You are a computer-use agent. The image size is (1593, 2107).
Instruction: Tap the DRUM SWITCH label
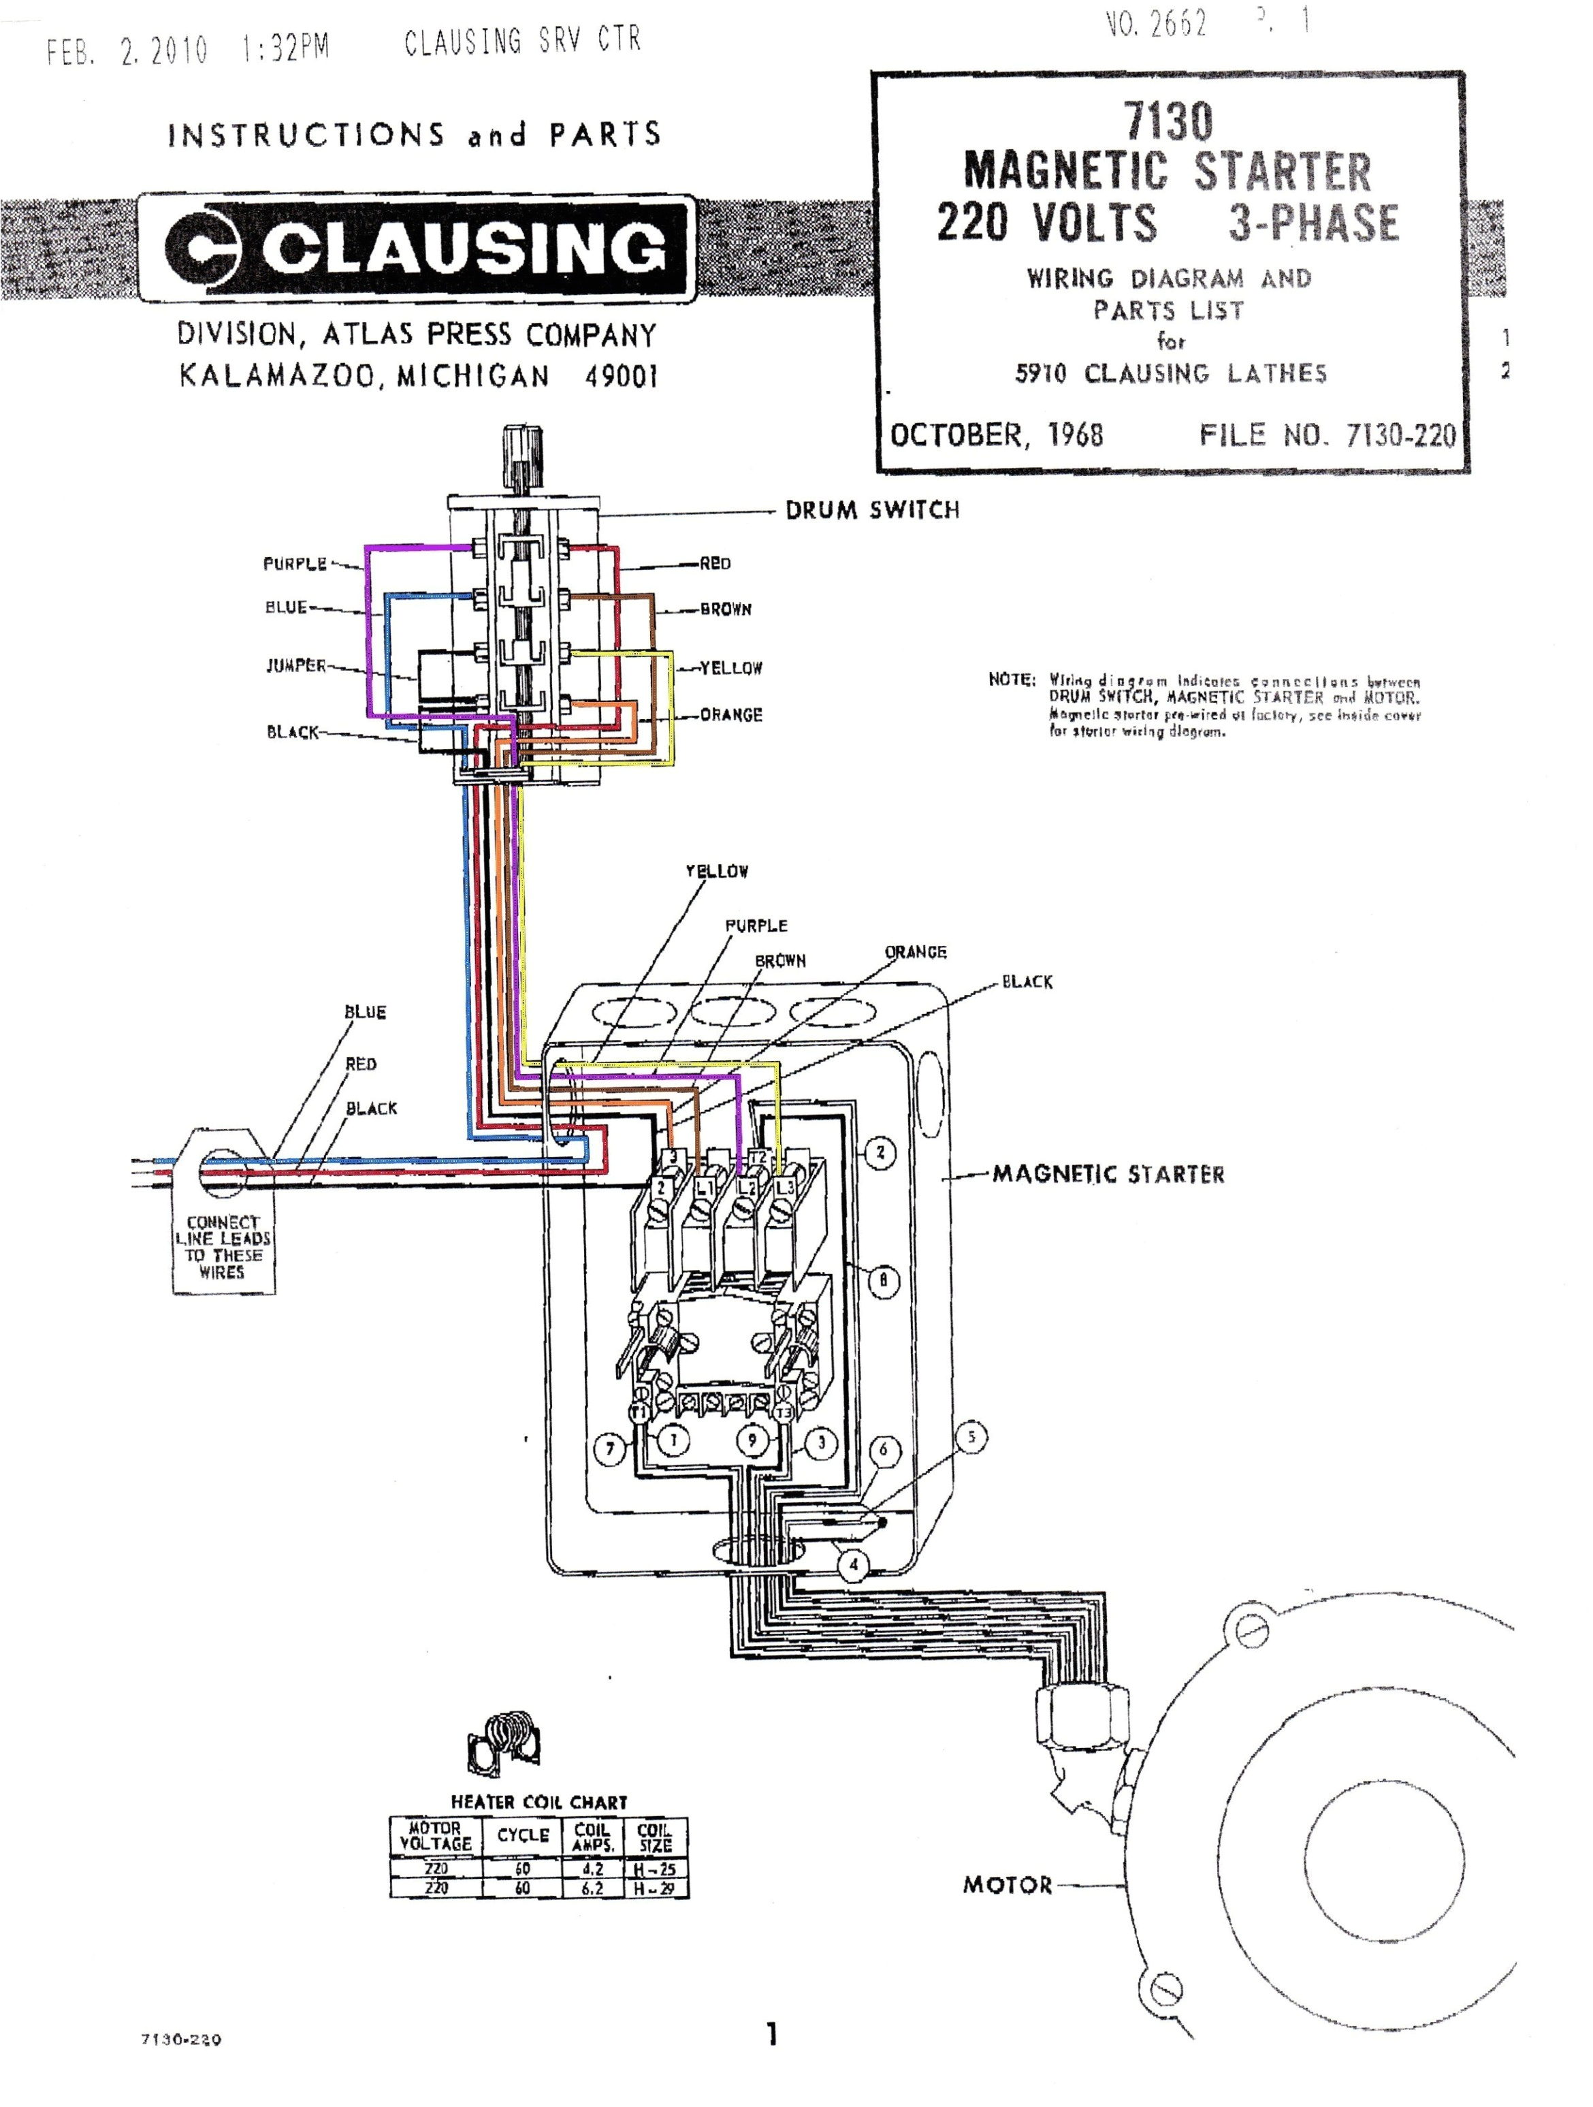[x=871, y=511]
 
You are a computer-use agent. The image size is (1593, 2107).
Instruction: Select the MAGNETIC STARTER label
[x=1108, y=1175]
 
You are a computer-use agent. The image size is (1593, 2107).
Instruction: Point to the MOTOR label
[x=1006, y=1885]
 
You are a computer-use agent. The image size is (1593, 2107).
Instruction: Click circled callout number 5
[x=971, y=1436]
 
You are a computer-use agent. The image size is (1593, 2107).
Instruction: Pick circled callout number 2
[x=880, y=1152]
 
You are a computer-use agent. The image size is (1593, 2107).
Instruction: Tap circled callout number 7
[x=609, y=1450]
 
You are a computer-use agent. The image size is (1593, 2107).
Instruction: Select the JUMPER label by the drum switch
[x=296, y=666]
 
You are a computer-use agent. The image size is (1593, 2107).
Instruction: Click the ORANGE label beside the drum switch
[x=730, y=714]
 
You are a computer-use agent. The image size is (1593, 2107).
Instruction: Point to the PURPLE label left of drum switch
[x=295, y=564]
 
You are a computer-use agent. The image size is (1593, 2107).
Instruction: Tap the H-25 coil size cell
[x=655, y=1870]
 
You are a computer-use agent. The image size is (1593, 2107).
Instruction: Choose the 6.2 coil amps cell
[x=592, y=1888]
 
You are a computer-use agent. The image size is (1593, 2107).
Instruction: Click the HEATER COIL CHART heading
[x=539, y=1802]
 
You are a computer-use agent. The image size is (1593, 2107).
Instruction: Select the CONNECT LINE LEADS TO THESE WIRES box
[x=223, y=1247]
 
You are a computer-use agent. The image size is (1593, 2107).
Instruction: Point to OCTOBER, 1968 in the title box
[x=996, y=435]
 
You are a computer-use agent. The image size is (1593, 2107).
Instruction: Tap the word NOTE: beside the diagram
[x=1011, y=680]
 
